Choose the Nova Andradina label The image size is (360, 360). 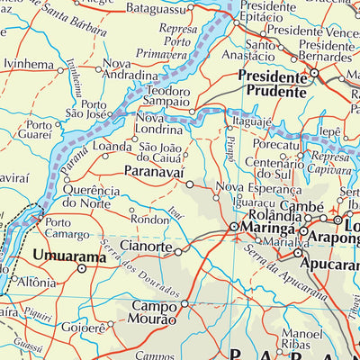(131, 70)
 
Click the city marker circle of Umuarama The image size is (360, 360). (82, 268)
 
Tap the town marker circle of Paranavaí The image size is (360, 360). (189, 183)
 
